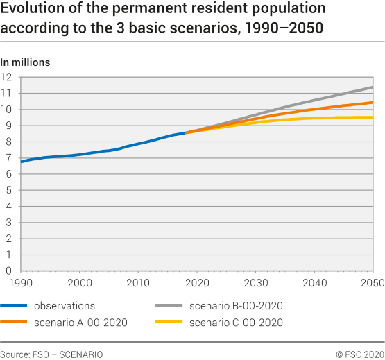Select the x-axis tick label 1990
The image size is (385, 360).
[22, 282]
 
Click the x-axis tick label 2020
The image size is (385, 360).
[198, 282]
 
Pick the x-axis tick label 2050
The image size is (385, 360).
[373, 282]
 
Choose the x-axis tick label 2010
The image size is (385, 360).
[139, 282]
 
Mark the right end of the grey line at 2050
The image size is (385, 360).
[373, 87]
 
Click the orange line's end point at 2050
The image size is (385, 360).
[373, 103]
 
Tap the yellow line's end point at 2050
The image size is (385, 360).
[373, 117]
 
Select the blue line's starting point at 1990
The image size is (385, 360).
[22, 162]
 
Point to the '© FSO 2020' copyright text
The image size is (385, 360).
[360, 354]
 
